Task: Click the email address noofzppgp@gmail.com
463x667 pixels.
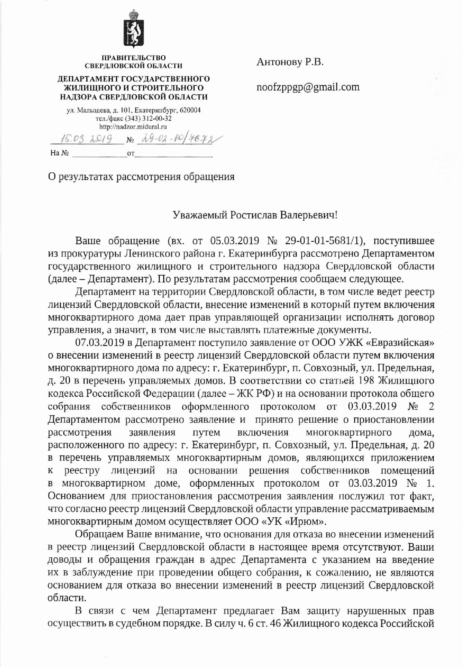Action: (x=308, y=87)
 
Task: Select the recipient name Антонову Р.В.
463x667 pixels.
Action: (x=290, y=62)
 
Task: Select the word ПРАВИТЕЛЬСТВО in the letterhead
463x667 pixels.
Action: (x=134, y=58)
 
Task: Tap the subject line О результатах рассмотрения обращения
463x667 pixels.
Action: (x=141, y=176)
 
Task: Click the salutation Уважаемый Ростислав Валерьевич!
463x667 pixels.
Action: (x=255, y=215)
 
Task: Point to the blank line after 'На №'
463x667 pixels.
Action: (x=99, y=154)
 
